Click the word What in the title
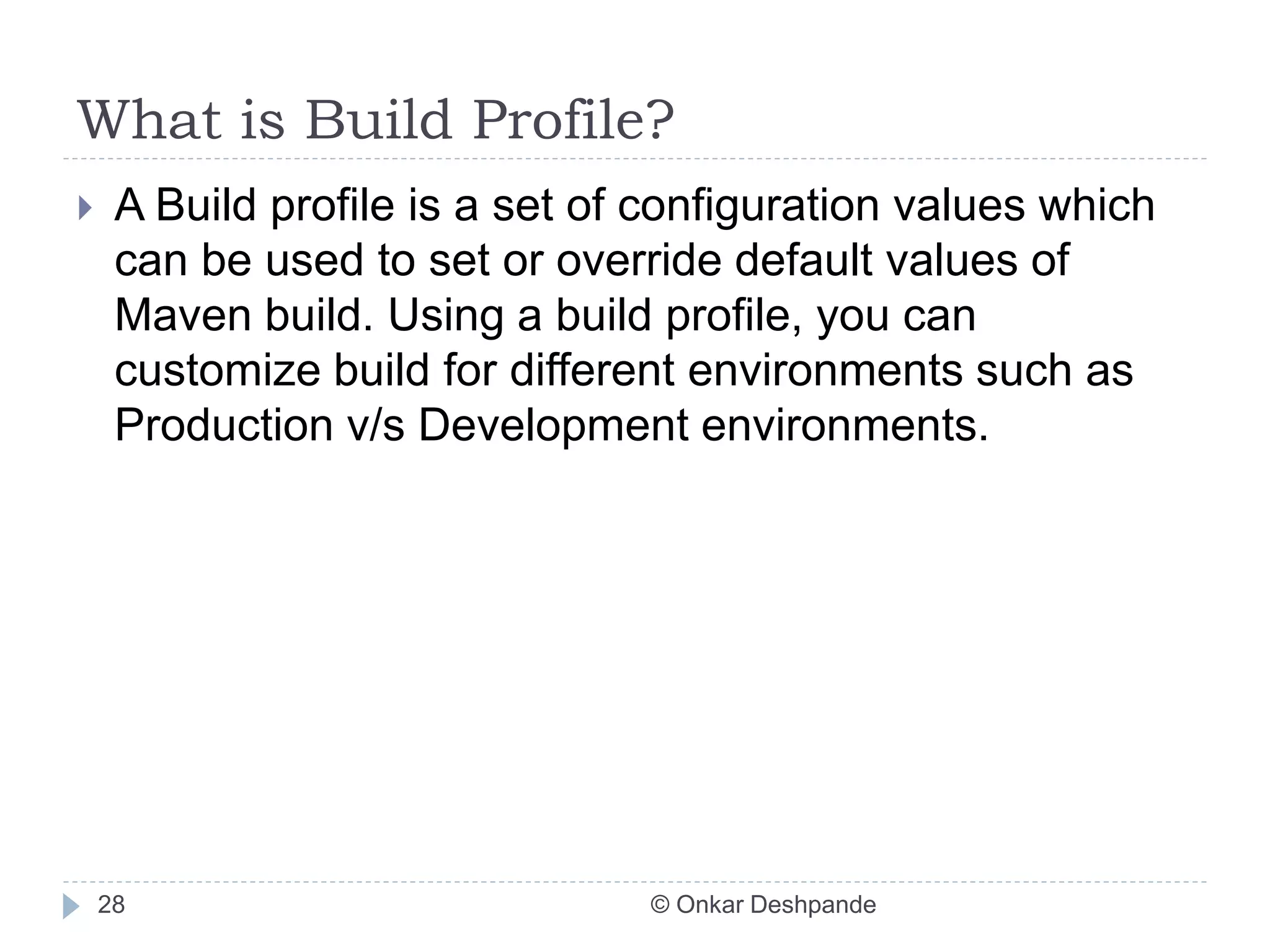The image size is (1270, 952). click(x=149, y=120)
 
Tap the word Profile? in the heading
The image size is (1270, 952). click(x=573, y=120)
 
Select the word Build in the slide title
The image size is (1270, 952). click(x=378, y=120)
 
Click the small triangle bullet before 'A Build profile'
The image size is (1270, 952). click(x=85, y=208)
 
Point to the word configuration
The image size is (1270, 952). click(x=748, y=206)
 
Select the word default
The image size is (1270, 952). click(x=804, y=260)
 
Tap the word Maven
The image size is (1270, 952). click(x=183, y=315)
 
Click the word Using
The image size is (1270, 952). click(x=445, y=315)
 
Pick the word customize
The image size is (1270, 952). click(x=217, y=371)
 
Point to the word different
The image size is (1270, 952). click(x=592, y=371)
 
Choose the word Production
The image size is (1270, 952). click(x=224, y=426)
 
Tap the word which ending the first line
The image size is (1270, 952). click(x=1096, y=206)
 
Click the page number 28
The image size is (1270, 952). click(x=111, y=905)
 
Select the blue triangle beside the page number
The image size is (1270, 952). click(x=71, y=906)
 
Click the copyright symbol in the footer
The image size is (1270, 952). click(x=660, y=905)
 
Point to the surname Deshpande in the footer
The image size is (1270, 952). click(x=813, y=905)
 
